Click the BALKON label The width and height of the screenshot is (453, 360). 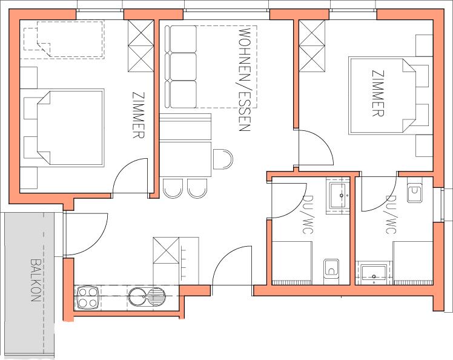pyautogui.click(x=35, y=280)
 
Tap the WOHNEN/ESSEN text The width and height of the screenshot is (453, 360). pyautogui.click(x=244, y=80)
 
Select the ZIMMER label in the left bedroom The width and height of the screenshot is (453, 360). pyautogui.click(x=138, y=115)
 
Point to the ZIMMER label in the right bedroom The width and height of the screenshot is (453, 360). pyautogui.click(x=378, y=93)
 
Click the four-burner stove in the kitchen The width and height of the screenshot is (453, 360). pyautogui.click(x=87, y=298)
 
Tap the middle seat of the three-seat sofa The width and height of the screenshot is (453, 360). pyautogui.click(x=183, y=67)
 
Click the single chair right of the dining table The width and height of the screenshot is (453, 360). pyautogui.click(x=223, y=159)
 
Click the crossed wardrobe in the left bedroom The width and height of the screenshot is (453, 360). pyautogui.click(x=141, y=45)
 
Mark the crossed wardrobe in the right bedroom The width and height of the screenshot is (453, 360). pyautogui.click(x=312, y=45)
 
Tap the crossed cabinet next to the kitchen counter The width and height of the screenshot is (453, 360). pyautogui.click(x=166, y=250)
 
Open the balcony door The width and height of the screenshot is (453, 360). pyautogui.click(x=87, y=235)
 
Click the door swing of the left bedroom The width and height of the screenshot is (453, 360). pyautogui.click(x=131, y=176)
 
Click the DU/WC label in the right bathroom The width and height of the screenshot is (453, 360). pyautogui.click(x=391, y=215)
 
